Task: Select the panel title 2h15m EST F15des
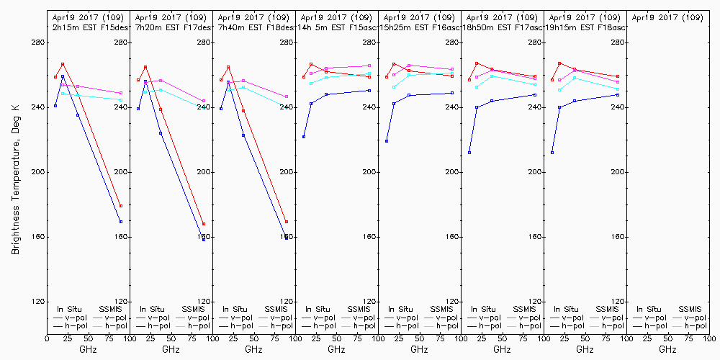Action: click(x=89, y=27)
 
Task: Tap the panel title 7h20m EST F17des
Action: click(x=171, y=27)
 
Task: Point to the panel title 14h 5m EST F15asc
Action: click(x=337, y=27)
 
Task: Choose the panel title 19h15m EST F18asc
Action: click(x=585, y=27)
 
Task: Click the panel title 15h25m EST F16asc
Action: click(x=420, y=27)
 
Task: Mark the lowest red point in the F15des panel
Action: click(x=121, y=206)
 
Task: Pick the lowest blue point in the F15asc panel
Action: click(x=304, y=137)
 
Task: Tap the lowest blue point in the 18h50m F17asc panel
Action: click(x=469, y=153)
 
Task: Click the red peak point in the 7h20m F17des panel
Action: click(x=145, y=67)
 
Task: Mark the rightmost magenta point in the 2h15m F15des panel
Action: click(x=121, y=93)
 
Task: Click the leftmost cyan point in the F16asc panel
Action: click(x=394, y=87)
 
